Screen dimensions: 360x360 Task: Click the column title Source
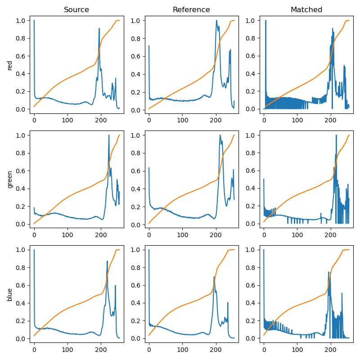pos(76,9)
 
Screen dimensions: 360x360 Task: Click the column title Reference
pos(191,9)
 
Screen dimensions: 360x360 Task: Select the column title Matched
pos(306,9)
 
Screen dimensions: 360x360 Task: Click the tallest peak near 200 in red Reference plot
pos(216,20)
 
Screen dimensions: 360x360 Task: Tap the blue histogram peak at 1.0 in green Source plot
pos(109,135)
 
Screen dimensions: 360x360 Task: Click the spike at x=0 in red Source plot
pos(34,21)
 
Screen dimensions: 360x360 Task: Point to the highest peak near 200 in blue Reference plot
pos(214,276)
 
